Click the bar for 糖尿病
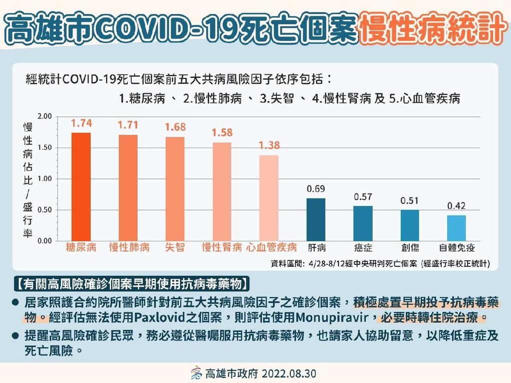coord(81,187)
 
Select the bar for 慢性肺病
coord(128,188)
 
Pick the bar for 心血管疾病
coord(269,198)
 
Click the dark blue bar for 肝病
coord(316,219)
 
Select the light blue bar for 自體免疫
coord(457,228)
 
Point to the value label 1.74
coord(81,123)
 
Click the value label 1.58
coord(222,133)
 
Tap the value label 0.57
coord(363,197)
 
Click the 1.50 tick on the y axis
coord(45,148)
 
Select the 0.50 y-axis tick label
coord(45,210)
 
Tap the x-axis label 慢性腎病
coord(222,247)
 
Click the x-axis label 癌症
coord(363,247)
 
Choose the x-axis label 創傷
coord(410,247)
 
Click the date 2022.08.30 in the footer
coord(288,374)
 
